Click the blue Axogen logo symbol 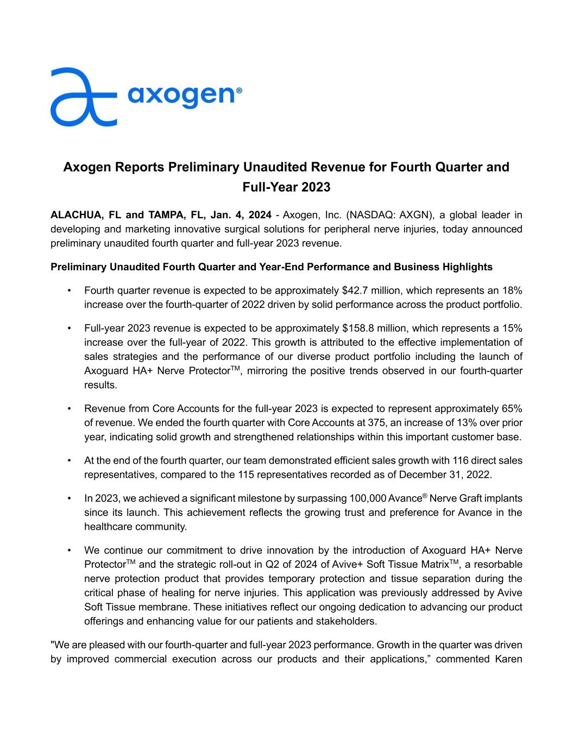(x=83, y=97)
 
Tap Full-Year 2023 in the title (x=286, y=187)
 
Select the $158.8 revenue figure (x=359, y=328)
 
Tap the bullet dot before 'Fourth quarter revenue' (x=68, y=290)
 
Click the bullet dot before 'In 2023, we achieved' (x=68, y=498)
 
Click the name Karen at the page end (x=508, y=660)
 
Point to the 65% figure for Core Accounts (x=511, y=408)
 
